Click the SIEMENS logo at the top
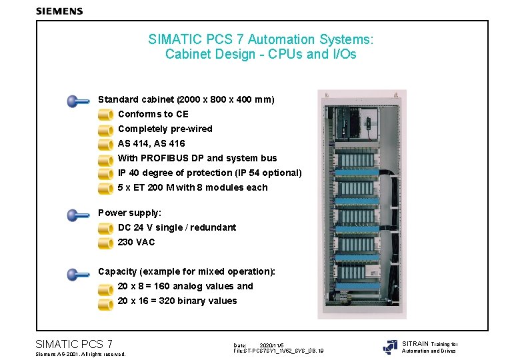[x=59, y=11]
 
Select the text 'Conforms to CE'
[x=153, y=114]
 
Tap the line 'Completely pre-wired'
[x=165, y=129]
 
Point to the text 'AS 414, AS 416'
[x=151, y=143]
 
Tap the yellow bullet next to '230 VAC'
[x=105, y=243]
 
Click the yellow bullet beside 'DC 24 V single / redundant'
[x=105, y=229]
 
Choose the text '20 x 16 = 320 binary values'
[x=177, y=301]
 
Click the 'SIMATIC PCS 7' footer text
[x=73, y=344]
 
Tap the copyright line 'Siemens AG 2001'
[x=79, y=354]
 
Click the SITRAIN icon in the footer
[x=390, y=347]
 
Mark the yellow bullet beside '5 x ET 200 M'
[x=105, y=189]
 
